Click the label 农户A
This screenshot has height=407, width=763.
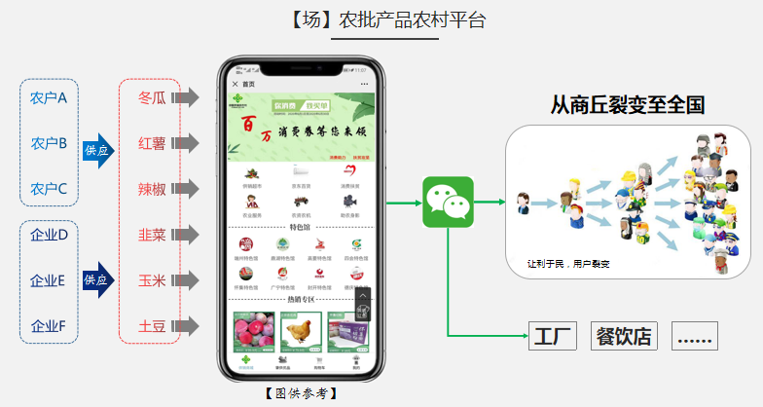[x=49, y=97]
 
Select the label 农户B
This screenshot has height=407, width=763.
[x=49, y=143]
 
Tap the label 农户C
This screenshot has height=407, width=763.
[x=49, y=189]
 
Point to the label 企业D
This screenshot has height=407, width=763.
[x=49, y=235]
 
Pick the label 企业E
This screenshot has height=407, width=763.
[x=49, y=280]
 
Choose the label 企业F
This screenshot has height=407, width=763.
[x=49, y=326]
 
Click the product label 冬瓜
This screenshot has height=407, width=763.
[x=152, y=97]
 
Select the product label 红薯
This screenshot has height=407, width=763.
[x=152, y=143]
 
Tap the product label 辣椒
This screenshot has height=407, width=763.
[x=152, y=189]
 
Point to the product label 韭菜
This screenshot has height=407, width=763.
[x=152, y=235]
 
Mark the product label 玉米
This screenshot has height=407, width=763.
[x=152, y=280]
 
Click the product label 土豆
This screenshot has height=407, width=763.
[x=152, y=326]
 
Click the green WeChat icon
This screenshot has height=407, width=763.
[x=448, y=202]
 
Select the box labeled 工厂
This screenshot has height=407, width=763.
[x=554, y=337]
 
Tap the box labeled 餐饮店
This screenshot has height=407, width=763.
[x=623, y=337]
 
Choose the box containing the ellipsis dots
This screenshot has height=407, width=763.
[x=695, y=337]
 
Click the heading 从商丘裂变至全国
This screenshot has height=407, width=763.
[x=628, y=105]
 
